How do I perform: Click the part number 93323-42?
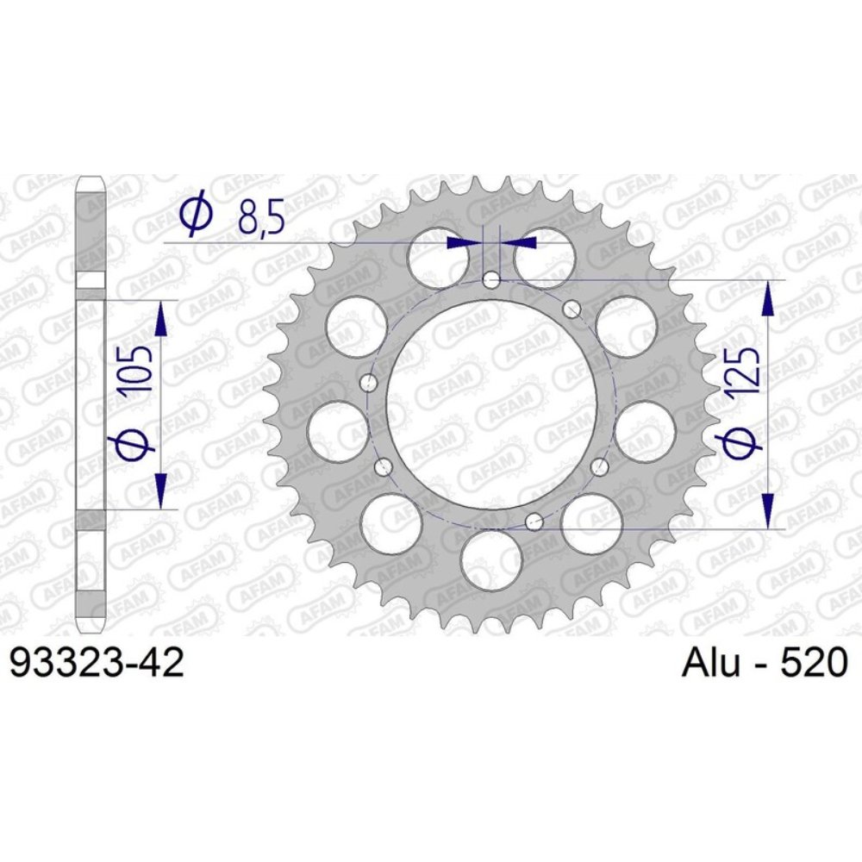[x=96, y=664]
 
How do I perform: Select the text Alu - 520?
[x=765, y=664]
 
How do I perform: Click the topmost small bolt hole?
[x=490, y=279]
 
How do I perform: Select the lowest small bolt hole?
[x=534, y=521]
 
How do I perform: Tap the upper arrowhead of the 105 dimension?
[x=160, y=319]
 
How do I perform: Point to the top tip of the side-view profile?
[x=91, y=178]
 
